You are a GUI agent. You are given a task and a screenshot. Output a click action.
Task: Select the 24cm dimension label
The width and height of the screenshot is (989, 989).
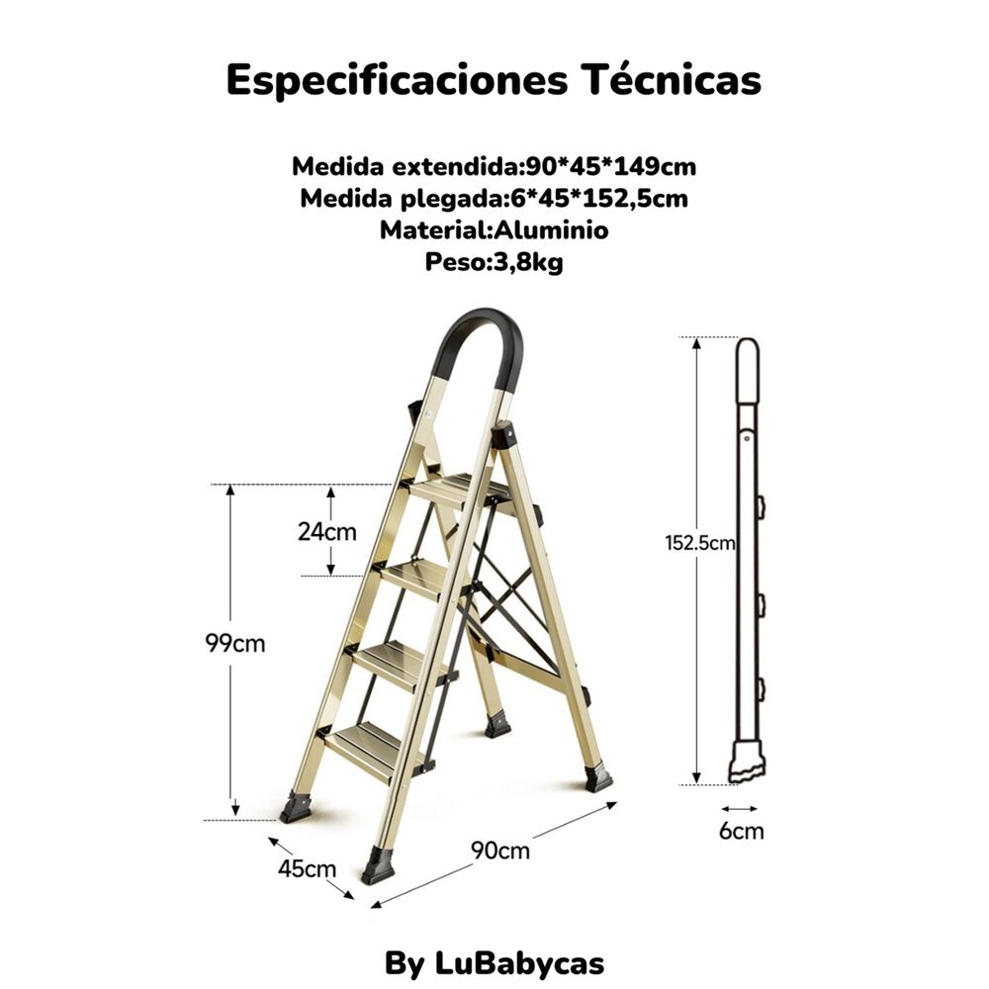tap(327, 531)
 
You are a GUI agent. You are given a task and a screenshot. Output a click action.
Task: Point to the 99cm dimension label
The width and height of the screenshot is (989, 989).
tap(235, 643)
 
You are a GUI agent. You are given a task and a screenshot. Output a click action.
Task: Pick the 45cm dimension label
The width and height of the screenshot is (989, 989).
tap(307, 869)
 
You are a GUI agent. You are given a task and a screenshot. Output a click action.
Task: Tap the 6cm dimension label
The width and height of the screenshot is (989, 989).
tap(742, 831)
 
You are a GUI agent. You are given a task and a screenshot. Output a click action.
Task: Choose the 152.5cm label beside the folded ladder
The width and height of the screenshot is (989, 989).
tap(699, 542)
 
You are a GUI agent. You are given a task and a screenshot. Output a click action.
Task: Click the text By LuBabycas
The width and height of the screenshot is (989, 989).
tap(494, 963)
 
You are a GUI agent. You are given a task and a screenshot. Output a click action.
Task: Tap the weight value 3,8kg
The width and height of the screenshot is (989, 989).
tap(526, 264)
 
